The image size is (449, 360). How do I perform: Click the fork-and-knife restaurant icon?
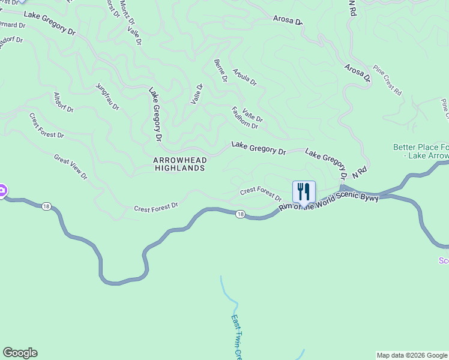pyautogui.click(x=304, y=192)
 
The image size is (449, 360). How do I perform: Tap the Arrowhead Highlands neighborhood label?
pyautogui.click(x=179, y=164)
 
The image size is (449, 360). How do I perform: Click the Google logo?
pyautogui.click(x=20, y=353)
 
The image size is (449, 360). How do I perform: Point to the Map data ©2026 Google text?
pyautogui.click(x=411, y=355)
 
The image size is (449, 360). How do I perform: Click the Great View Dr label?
pyautogui.click(x=71, y=167)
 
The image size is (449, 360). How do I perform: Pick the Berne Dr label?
pyautogui.click(x=220, y=71)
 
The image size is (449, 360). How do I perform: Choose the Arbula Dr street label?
pyautogui.click(x=244, y=76)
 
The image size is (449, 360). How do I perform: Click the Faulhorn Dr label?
pyautogui.click(x=244, y=118)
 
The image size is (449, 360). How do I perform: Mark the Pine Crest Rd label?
pyautogui.click(x=387, y=80)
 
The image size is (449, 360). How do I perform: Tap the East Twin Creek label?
pyautogui.click(x=237, y=336)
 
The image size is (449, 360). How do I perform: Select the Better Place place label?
pyautogui.click(x=421, y=151)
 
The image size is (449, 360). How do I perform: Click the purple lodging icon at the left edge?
pyautogui.click(x=2, y=191)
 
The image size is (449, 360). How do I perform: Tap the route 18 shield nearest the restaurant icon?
pyautogui.click(x=240, y=214)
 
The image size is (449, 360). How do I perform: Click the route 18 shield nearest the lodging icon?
pyautogui.click(x=46, y=206)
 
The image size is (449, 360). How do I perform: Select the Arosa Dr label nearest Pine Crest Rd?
pyautogui.click(x=357, y=73)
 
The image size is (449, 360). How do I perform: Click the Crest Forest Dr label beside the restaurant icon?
pyautogui.click(x=261, y=194)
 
